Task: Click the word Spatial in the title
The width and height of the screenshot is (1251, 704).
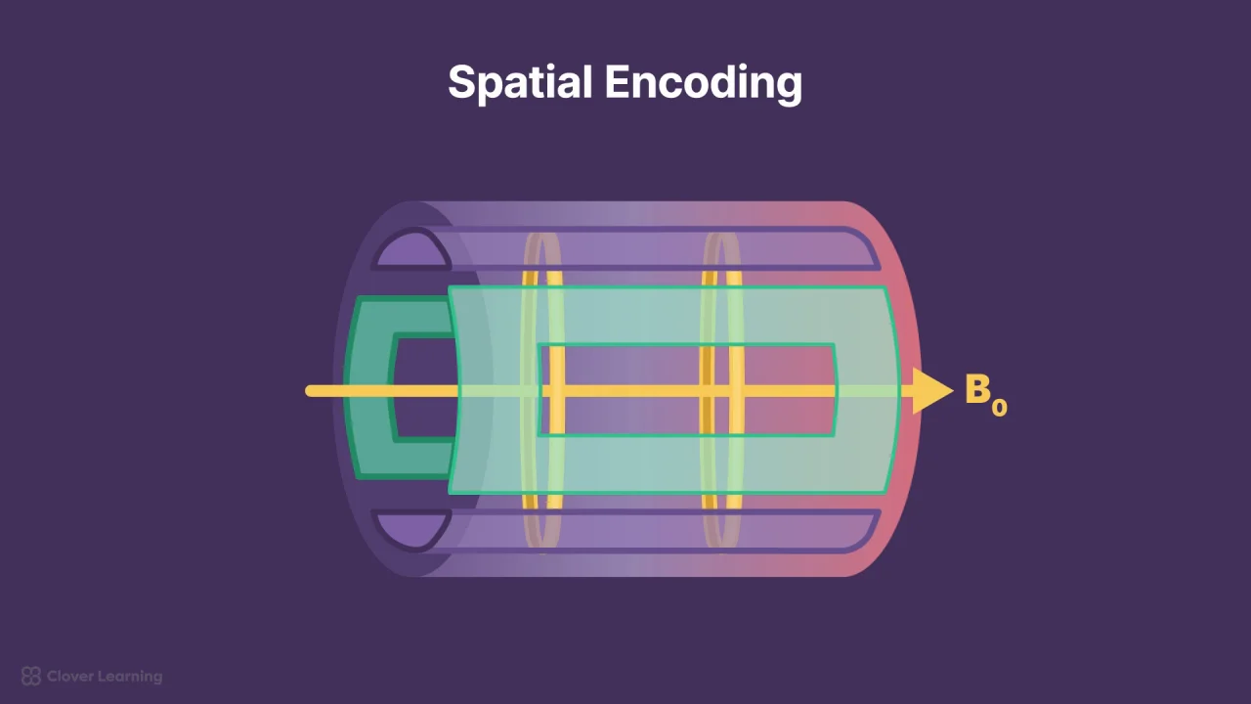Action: (520, 83)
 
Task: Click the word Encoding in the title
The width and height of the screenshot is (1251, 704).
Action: (704, 83)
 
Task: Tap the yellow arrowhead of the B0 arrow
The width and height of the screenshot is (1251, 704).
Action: (932, 390)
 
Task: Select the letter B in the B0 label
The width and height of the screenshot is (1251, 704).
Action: (978, 388)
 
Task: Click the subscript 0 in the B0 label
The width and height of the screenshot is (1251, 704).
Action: (1000, 408)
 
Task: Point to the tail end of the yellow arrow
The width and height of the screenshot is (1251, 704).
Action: (308, 390)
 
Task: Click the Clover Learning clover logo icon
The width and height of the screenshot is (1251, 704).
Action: (30, 676)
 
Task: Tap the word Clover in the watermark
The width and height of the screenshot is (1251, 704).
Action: (68, 676)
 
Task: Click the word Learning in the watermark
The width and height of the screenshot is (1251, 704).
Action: (128, 677)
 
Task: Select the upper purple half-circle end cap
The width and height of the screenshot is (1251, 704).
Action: (413, 249)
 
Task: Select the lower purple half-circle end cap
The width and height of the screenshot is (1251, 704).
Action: (413, 530)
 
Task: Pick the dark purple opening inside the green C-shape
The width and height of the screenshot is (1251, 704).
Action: (424, 388)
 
